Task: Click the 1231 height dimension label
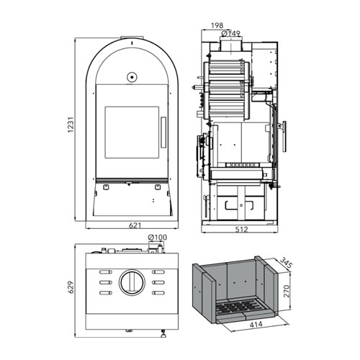[x=71, y=125]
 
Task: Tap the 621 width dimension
[x=135, y=225]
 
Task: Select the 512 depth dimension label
[x=241, y=230]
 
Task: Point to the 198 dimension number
[x=217, y=25]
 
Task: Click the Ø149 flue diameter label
[x=231, y=33]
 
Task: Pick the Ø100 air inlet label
[x=158, y=238]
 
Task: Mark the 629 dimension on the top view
[x=71, y=287]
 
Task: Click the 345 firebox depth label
[x=287, y=263]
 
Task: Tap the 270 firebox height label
[x=287, y=291]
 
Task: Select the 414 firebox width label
[x=256, y=325]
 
